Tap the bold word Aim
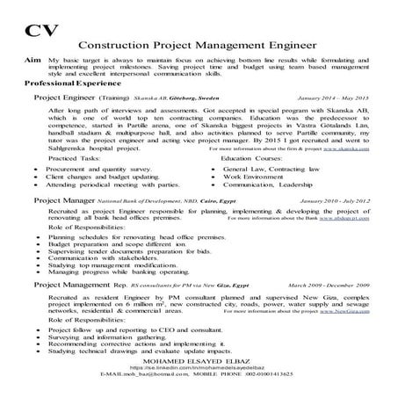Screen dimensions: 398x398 [x=31, y=54]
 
